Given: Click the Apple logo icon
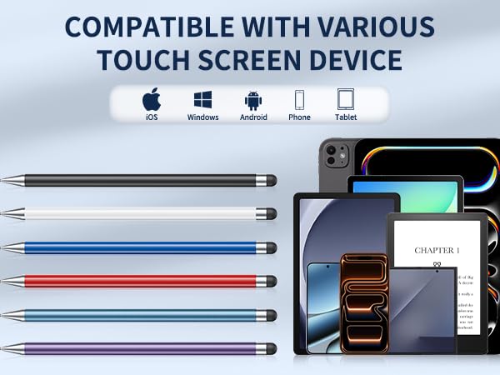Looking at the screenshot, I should pos(151,100).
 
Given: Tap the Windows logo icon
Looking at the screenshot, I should pos(202,100).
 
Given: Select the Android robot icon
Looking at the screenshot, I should pos(253,101).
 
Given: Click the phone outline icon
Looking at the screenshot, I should pos(299,101).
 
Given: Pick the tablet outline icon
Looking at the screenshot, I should pos(345,100).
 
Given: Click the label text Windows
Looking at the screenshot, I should pos(202,117).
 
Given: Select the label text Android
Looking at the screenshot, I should pos(253,117).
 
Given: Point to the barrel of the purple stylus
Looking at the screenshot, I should pos(133,348).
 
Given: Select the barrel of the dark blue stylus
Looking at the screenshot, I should pos(133,247).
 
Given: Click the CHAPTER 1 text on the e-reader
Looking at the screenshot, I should pos(437,250).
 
